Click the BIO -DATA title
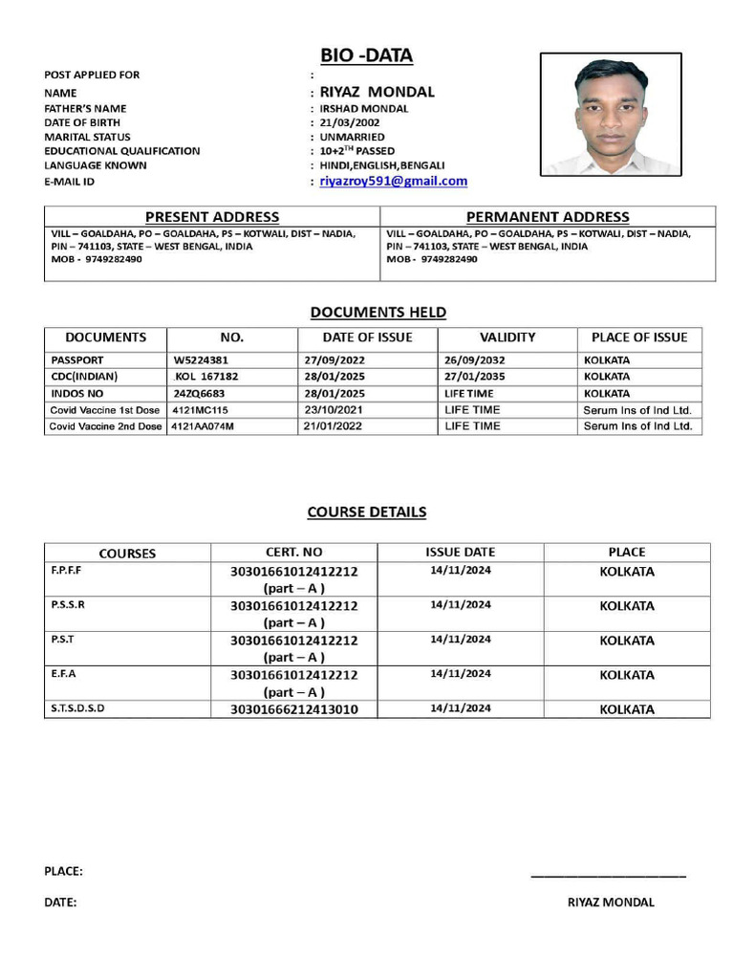click(x=367, y=55)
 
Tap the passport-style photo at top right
click(x=611, y=115)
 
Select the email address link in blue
click(x=393, y=181)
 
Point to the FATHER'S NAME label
click(x=85, y=108)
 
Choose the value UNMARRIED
click(x=352, y=137)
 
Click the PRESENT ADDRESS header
click(x=212, y=217)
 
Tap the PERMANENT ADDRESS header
click(x=548, y=217)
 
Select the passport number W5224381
click(x=201, y=360)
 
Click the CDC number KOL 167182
click(x=206, y=377)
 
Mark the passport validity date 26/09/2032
click(x=475, y=360)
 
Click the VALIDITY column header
click(x=507, y=337)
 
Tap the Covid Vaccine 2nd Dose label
click(x=106, y=426)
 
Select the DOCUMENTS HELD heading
click(x=378, y=312)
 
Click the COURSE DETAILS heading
click(x=367, y=511)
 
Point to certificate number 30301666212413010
click(x=294, y=709)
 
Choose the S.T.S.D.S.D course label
click(x=77, y=708)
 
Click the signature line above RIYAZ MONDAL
click(x=608, y=876)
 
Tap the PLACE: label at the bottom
click(x=63, y=871)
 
